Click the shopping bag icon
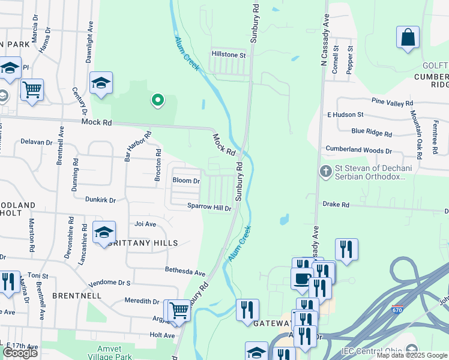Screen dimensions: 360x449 [408, 37]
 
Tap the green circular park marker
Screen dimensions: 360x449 [157, 100]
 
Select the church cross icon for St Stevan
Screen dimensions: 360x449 [326, 172]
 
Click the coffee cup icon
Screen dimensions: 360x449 [302, 278]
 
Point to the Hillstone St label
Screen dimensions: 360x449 [228, 55]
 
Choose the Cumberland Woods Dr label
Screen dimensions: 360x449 [358, 149]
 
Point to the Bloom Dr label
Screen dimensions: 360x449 [186, 181]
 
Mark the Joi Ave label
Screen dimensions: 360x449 [145, 224]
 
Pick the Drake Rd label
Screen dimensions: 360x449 [336, 205]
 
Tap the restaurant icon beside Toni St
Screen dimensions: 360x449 [8, 283]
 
